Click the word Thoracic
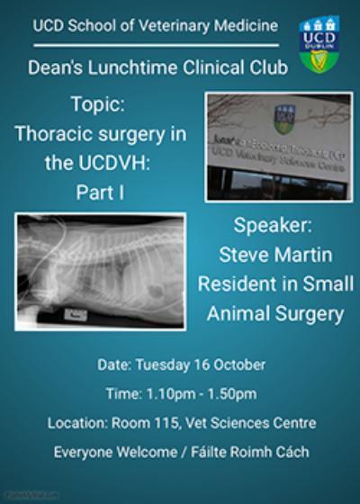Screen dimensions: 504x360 click(55, 135)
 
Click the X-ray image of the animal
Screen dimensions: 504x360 click(100, 271)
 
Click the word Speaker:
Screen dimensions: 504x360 click(275, 225)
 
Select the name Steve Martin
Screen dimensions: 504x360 click(275, 255)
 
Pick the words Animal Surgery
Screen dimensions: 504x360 click(275, 314)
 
